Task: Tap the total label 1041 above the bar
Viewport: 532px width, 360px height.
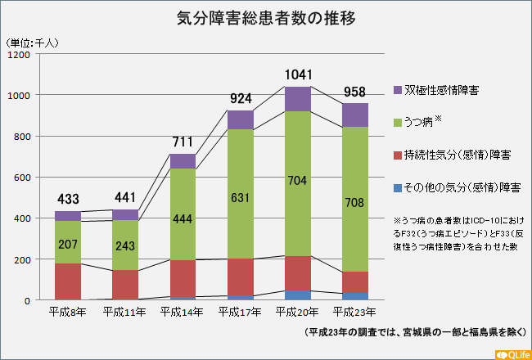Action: point(298,75)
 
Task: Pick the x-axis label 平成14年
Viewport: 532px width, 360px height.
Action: point(183,312)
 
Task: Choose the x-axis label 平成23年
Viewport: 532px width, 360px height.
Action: point(354,312)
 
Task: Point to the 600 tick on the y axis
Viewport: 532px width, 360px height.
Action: point(21,178)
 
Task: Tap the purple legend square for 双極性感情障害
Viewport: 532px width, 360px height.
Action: point(398,88)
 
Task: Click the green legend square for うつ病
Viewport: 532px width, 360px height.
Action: point(398,123)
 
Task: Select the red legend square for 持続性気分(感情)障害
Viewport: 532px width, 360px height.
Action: point(398,155)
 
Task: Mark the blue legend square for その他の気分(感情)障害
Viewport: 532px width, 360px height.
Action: point(398,188)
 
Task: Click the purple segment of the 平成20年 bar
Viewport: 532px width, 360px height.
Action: point(298,99)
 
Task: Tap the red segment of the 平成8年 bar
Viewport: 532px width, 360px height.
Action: point(68,281)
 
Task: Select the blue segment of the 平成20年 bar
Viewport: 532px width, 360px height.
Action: point(298,295)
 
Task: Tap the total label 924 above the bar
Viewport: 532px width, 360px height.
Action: point(241,100)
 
